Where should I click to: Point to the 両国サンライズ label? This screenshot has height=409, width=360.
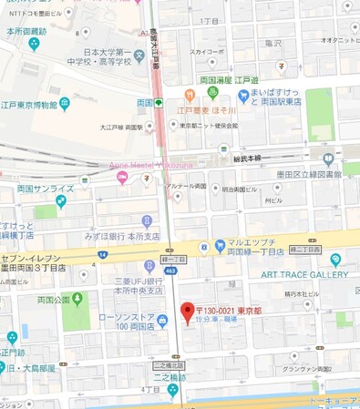click(x=45, y=189)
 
